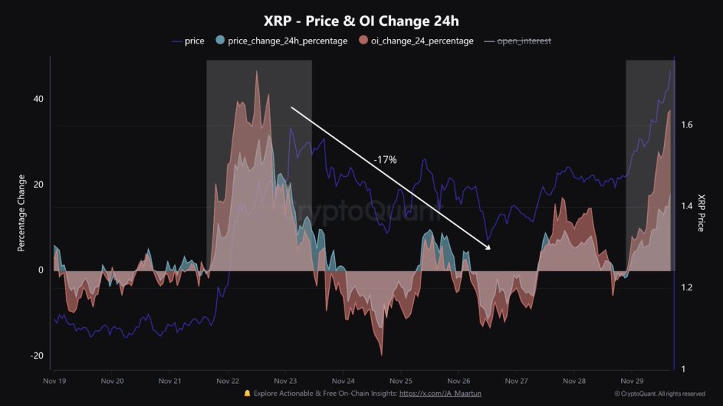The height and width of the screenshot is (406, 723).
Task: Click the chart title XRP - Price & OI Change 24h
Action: [x=361, y=21]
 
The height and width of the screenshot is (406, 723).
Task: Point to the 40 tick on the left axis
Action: [x=38, y=99]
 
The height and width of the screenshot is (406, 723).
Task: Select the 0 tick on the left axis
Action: [x=41, y=270]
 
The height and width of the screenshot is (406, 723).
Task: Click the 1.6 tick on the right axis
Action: [x=686, y=125]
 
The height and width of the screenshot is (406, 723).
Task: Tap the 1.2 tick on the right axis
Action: [x=686, y=287]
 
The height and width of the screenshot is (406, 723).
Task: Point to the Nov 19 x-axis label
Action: [x=55, y=381]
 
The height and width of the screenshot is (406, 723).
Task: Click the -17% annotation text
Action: [x=385, y=159]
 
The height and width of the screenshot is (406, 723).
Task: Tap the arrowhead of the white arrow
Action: [x=488, y=248]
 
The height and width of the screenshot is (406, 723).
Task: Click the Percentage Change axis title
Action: [x=22, y=213]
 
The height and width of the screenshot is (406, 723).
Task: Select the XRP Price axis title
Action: [x=700, y=213]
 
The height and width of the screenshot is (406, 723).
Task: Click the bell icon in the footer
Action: [x=247, y=394]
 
